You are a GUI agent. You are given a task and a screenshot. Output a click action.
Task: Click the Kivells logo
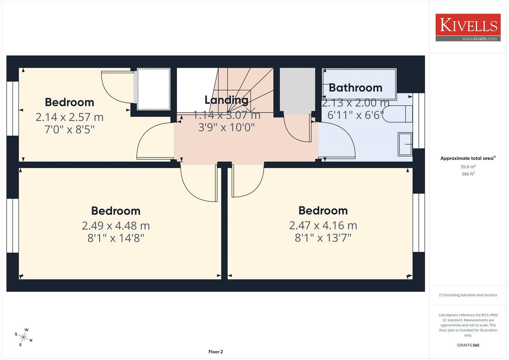click(468, 27)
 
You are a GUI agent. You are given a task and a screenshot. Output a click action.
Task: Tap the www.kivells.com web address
click(479, 39)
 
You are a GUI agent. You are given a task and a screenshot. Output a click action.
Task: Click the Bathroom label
click(355, 88)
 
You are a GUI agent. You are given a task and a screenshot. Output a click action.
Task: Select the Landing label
click(226, 100)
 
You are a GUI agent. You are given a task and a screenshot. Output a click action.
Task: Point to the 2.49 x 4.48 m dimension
click(116, 226)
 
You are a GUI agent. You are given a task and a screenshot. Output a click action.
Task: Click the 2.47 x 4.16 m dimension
click(323, 225)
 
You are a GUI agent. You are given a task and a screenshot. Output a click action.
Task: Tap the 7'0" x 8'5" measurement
click(69, 130)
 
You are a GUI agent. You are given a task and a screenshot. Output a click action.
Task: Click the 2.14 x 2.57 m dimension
click(69, 117)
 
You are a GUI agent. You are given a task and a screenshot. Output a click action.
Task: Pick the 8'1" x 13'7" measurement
click(323, 238)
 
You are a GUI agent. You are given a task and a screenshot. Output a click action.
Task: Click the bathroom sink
click(405, 144)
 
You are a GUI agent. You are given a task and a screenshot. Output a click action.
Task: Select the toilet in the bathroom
click(398, 114)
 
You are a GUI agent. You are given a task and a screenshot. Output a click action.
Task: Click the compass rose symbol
click(24, 337)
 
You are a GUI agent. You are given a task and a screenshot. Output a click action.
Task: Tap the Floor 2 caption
click(215, 352)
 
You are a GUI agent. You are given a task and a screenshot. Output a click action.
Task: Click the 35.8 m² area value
click(468, 166)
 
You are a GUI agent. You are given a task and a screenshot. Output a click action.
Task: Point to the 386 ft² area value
click(468, 174)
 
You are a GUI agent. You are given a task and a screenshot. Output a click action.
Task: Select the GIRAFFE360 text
click(468, 345)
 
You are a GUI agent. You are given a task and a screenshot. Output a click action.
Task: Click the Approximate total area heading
click(468, 158)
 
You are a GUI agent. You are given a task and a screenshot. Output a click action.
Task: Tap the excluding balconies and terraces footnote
click(468, 295)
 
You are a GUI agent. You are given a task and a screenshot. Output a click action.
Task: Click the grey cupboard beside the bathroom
click(297, 91)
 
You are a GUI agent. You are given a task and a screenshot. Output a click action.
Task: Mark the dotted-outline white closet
click(154, 89)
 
